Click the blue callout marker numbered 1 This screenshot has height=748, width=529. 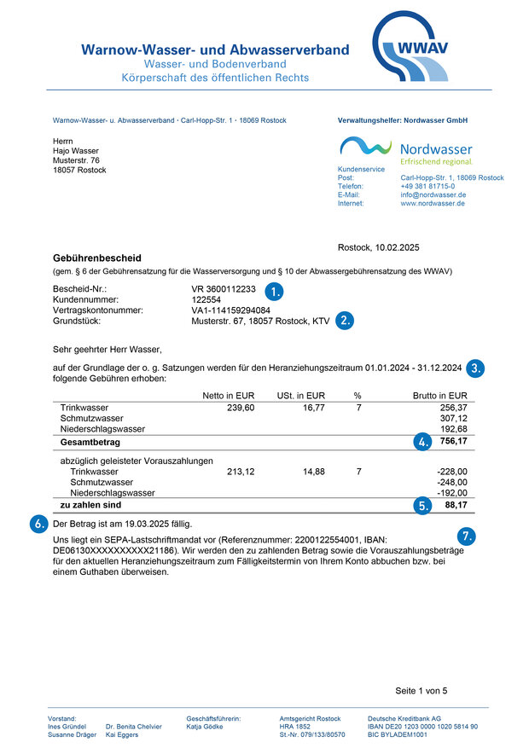click(x=273, y=290)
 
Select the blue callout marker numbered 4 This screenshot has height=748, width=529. click(x=421, y=442)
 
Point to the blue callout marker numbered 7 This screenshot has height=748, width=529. click(x=466, y=536)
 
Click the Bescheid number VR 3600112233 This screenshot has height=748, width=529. click(x=224, y=290)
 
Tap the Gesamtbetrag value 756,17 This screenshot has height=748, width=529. click(x=453, y=442)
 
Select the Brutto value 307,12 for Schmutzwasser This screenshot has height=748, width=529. click(x=453, y=419)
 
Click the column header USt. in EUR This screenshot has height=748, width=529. click(x=301, y=396)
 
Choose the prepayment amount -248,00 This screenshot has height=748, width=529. click(x=451, y=482)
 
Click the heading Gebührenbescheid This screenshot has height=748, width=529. click(x=97, y=258)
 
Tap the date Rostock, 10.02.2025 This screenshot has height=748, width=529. click(x=379, y=247)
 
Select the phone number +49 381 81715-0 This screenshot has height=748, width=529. click(x=427, y=186)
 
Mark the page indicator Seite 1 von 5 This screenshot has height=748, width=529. click(x=421, y=690)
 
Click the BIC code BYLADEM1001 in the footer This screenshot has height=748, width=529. click(x=397, y=734)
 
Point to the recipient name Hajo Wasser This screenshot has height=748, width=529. click(x=76, y=150)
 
